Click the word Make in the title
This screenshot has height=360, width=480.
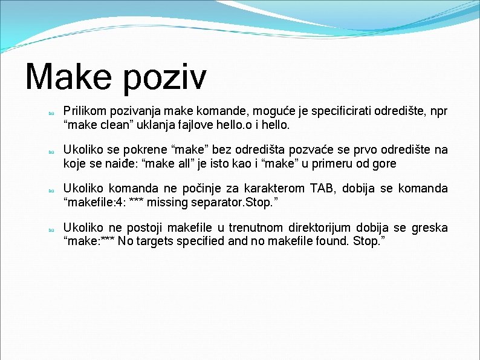point(68,77)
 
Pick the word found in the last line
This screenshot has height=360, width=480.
point(329,241)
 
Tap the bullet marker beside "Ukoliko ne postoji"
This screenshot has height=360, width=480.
point(52,229)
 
